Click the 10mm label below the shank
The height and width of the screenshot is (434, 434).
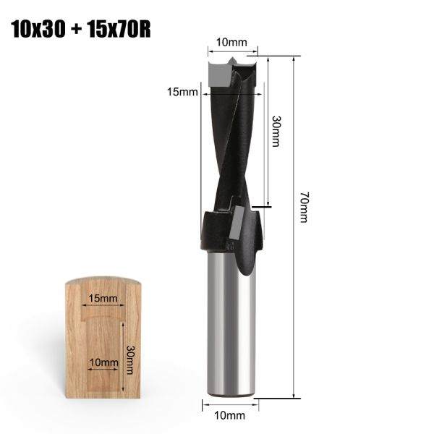point(229,415)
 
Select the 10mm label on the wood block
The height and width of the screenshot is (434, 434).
point(103,362)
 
